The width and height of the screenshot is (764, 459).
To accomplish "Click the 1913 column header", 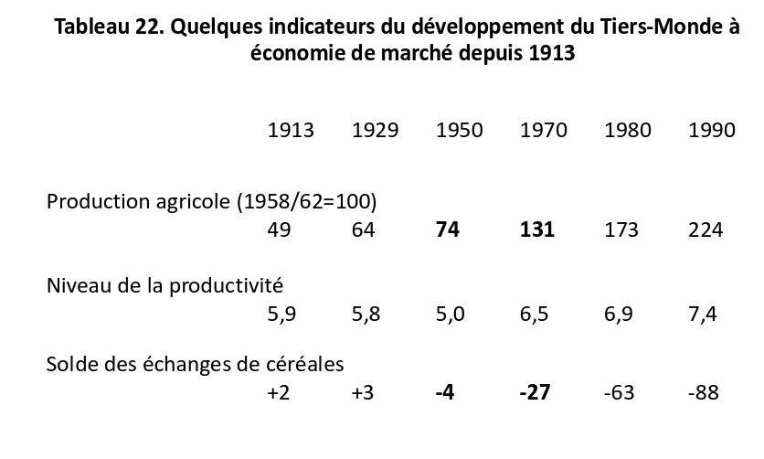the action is (x=291, y=130).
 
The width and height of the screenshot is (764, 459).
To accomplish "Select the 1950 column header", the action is (x=460, y=130).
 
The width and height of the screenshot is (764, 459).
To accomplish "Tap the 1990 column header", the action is (x=712, y=130).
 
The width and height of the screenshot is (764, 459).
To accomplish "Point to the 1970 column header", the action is (x=544, y=130).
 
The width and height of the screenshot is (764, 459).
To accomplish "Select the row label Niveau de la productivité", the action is (x=164, y=285).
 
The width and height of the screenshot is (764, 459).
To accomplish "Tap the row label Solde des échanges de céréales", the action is (x=195, y=364).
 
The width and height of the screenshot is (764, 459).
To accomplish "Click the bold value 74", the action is (x=448, y=229).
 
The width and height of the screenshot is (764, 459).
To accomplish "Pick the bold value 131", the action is (x=537, y=229).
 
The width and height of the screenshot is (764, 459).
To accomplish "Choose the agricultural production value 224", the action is (x=706, y=229).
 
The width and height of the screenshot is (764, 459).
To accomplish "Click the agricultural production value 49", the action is (x=280, y=229).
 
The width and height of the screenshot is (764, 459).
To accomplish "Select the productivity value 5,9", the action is (x=281, y=315).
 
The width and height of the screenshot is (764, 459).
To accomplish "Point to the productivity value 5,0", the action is (x=451, y=315).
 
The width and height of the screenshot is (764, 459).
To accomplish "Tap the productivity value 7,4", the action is (x=703, y=315).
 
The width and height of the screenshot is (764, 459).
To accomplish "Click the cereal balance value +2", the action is (x=278, y=392).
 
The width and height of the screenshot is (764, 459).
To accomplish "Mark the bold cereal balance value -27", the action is (x=535, y=392).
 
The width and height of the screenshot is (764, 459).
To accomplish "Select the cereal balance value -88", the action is (x=704, y=392).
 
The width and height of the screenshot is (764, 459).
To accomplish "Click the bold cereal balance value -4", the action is (x=445, y=392).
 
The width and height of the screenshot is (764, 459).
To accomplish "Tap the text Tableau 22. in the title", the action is (x=109, y=27).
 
